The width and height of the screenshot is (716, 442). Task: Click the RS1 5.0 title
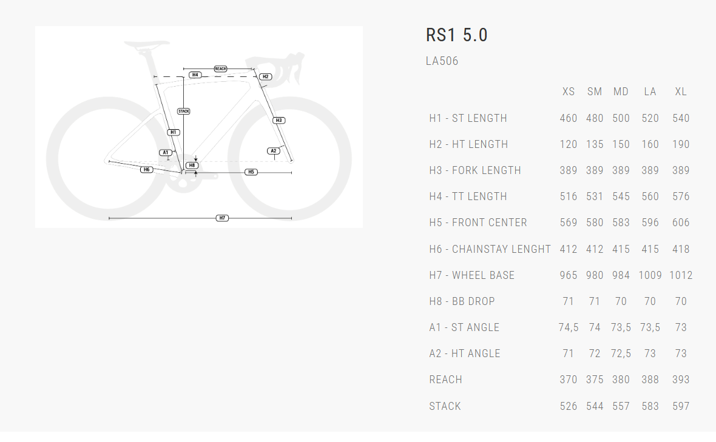[x=456, y=35]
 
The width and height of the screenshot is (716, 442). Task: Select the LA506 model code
[x=442, y=61]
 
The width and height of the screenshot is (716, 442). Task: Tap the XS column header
[x=568, y=92]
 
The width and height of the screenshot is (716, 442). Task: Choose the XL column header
[x=681, y=92]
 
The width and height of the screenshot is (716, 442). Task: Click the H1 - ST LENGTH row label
[x=468, y=118]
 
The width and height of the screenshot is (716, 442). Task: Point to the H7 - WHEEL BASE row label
[x=471, y=275]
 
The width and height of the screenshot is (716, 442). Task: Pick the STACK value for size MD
[x=621, y=406]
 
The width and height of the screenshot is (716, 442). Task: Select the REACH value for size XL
[x=681, y=380]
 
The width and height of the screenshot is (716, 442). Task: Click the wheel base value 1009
[x=650, y=275]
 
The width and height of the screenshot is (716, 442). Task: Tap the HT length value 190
[x=681, y=144]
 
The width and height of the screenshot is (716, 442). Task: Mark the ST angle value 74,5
[x=568, y=327]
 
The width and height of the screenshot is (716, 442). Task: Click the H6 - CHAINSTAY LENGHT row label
[x=490, y=249]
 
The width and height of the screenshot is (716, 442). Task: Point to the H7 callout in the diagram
[x=222, y=218]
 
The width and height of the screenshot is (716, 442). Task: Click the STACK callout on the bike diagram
[x=184, y=112]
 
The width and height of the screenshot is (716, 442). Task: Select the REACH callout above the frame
[x=220, y=69]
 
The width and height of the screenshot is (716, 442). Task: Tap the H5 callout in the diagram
[x=251, y=172]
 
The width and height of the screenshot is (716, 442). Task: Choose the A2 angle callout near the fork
[x=273, y=150]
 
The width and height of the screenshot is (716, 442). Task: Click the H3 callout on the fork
[x=279, y=120]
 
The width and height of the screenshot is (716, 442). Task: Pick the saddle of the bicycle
[x=146, y=45]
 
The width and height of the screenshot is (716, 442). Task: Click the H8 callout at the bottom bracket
[x=192, y=165]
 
